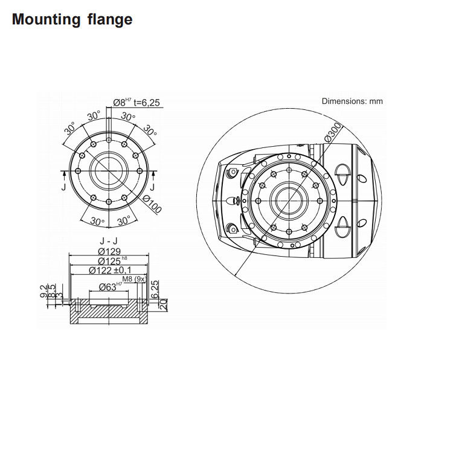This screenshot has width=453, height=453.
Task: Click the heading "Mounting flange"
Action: click(x=72, y=19)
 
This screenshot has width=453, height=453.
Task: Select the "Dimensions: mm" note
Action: click(x=352, y=101)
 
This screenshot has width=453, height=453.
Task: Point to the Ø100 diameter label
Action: click(x=152, y=205)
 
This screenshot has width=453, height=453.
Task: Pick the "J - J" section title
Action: click(x=108, y=240)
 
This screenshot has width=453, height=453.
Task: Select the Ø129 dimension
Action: click(x=108, y=251)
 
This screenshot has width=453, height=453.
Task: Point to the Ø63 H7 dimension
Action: click(x=109, y=286)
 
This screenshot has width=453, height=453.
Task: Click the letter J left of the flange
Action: click(x=65, y=187)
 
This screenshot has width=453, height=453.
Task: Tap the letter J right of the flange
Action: click(x=152, y=187)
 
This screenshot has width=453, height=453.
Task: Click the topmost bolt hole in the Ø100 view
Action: click(x=108, y=140)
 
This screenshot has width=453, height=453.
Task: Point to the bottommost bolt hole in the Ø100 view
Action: click(x=108, y=202)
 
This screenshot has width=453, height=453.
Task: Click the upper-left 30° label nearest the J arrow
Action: click(x=70, y=128)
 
